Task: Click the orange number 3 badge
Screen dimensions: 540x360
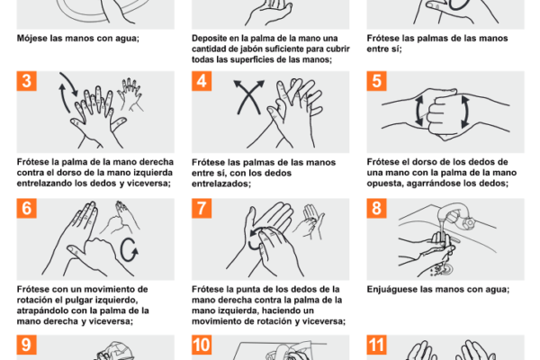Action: tap(26, 81)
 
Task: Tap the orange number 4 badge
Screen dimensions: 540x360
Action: tap(202, 81)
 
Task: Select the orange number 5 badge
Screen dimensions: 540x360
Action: tap(376, 81)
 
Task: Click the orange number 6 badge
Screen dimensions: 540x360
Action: tap(26, 209)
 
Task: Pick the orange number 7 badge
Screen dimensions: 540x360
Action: tap(202, 209)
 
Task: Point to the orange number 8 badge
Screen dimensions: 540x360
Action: tap(376, 209)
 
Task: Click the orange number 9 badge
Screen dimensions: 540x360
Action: tap(26, 345)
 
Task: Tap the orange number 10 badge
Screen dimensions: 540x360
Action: tap(202, 345)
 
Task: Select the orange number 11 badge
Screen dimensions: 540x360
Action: tap(376, 345)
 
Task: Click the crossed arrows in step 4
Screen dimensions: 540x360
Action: tap(248, 97)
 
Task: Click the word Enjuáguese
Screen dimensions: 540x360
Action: tap(391, 290)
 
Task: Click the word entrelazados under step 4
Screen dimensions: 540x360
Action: tap(221, 184)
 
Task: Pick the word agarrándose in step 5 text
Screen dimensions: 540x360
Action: tap(434, 184)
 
